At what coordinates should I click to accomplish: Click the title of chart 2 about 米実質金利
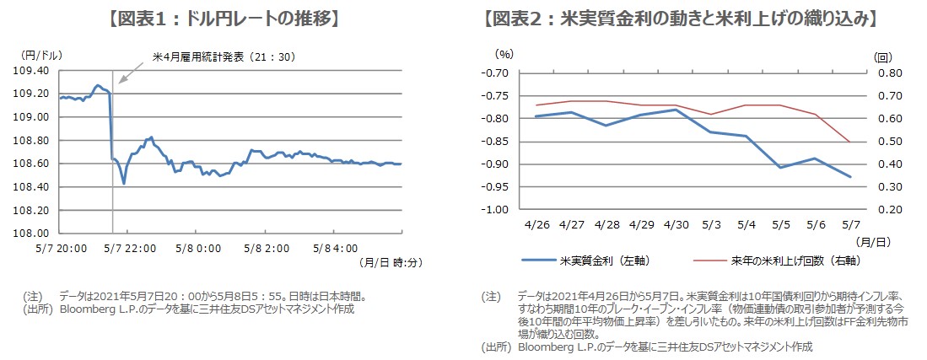click(679, 19)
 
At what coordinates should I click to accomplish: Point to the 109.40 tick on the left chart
click(33, 71)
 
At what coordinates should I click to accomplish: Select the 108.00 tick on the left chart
click(33, 233)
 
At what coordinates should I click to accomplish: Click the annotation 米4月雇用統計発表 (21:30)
click(222, 56)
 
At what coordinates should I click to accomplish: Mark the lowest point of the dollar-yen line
click(124, 183)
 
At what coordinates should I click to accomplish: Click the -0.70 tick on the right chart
click(492, 73)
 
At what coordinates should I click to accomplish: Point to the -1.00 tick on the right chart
click(492, 209)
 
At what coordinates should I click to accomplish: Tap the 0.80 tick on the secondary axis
click(886, 73)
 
